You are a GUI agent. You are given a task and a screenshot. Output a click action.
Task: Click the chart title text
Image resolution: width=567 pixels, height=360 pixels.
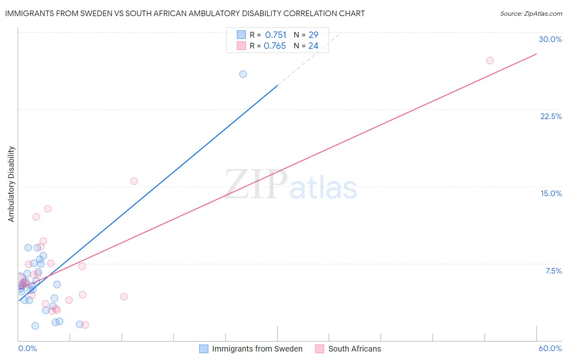tap(185, 13)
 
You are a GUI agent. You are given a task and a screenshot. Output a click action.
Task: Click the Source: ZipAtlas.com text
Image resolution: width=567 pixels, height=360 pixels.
tap(531, 13)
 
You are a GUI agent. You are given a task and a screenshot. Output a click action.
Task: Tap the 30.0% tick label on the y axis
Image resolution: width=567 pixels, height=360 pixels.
tap(550, 39)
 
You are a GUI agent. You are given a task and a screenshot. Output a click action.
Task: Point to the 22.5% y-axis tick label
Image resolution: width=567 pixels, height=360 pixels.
tap(551, 116)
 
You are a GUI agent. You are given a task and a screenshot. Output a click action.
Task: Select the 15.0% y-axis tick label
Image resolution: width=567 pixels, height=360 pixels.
tap(551, 193)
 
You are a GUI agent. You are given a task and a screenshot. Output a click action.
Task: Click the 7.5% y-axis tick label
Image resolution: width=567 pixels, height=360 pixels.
tap(553, 271)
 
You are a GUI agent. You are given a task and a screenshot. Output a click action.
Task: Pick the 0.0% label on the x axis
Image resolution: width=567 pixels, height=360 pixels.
tap(27, 348)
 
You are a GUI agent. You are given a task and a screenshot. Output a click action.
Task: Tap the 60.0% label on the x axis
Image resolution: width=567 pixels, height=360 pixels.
tap(550, 348)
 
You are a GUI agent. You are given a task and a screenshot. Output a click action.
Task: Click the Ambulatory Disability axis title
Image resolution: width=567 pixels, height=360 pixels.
tap(11, 184)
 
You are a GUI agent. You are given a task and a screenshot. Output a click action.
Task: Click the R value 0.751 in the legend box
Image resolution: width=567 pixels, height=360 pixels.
tap(275, 35)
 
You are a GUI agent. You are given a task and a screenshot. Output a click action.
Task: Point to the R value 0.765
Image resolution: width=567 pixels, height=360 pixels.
tap(275, 46)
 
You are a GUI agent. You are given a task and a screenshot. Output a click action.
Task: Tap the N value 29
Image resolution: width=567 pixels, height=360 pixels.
tap(313, 35)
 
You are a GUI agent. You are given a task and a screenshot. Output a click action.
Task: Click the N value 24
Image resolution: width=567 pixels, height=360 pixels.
tap(313, 46)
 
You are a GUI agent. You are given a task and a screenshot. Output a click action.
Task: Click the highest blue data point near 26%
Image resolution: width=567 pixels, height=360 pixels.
tap(243, 74)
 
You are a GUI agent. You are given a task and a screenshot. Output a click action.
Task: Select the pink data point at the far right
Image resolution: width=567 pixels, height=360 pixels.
tap(490, 61)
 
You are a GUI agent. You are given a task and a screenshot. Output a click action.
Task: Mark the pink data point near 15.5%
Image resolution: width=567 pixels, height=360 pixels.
tap(134, 181)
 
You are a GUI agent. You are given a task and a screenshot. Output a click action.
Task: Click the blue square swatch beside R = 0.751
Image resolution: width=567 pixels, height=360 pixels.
tap(241, 35)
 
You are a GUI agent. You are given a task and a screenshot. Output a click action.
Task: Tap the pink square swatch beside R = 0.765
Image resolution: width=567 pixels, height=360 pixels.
tap(241, 46)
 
